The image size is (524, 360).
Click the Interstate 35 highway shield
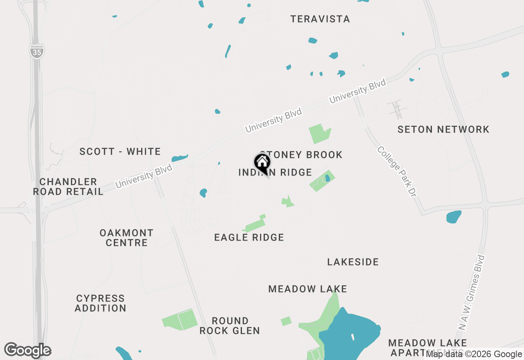click(x=37, y=51)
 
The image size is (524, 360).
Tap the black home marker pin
click(x=262, y=163)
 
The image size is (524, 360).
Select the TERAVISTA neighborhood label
click(x=320, y=19)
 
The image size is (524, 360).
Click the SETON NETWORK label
click(x=443, y=130)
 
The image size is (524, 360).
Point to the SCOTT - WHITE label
click(x=120, y=152)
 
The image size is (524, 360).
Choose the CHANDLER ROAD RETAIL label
click(x=68, y=187)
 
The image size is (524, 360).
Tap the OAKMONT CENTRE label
click(x=126, y=238)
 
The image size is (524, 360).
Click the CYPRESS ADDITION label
click(x=100, y=303)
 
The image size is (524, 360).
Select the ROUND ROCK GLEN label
click(x=230, y=326)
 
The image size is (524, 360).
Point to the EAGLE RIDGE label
click(x=249, y=237)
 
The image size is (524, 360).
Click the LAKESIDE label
click(x=353, y=262)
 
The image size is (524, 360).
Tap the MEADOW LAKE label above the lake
click(x=307, y=289)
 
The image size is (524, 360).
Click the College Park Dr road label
click(x=397, y=172)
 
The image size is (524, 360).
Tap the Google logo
click(x=28, y=350)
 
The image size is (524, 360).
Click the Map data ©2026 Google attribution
click(x=474, y=354)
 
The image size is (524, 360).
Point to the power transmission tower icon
click(x=396, y=109)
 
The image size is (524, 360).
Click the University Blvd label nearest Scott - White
click(x=144, y=176)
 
